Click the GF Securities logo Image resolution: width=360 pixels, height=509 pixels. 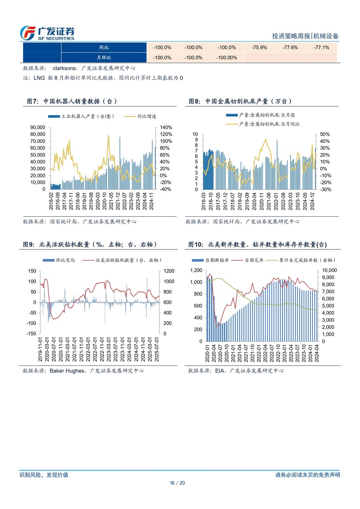(x=47, y=33)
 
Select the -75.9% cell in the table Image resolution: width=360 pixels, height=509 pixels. (x=259, y=48)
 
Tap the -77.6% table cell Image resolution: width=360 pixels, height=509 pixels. (x=290, y=48)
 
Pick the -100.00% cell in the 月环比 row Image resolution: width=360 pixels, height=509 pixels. (x=227, y=58)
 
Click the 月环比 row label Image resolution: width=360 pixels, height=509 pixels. (x=104, y=58)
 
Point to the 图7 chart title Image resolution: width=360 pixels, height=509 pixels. (x=72, y=102)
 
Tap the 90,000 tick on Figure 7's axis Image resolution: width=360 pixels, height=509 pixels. (x=38, y=127)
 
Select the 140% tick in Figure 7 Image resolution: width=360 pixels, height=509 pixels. (x=166, y=127)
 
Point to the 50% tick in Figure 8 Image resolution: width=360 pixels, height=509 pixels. (x=325, y=134)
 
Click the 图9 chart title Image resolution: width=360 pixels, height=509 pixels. (x=90, y=245)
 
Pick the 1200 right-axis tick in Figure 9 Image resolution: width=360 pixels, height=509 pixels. (x=168, y=271)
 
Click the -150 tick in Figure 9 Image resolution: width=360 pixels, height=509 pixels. (x=32, y=334)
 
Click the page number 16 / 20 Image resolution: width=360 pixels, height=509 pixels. (x=177, y=483)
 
